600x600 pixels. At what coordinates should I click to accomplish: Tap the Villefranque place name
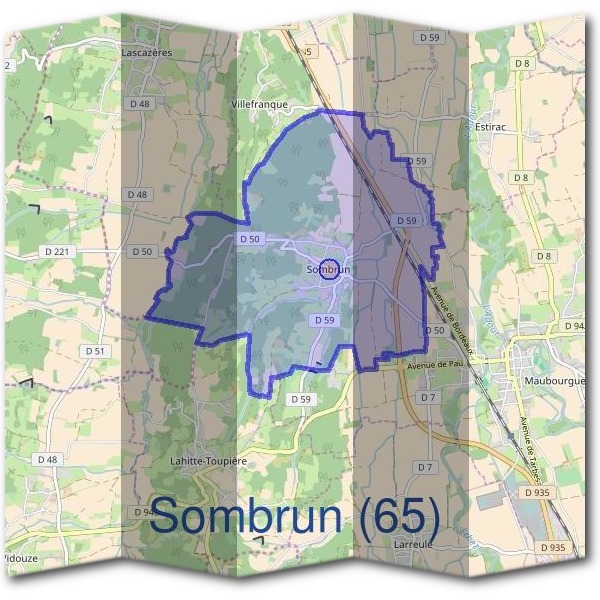tap(259, 104)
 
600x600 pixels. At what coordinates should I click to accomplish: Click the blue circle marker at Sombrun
tap(334, 269)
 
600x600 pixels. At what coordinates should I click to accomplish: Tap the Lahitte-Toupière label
tap(208, 452)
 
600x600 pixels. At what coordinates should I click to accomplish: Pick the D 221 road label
tap(59, 250)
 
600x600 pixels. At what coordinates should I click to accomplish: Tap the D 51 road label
tap(95, 351)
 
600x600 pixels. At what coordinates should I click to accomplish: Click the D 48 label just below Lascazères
tap(139, 104)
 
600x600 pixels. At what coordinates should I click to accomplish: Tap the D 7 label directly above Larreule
tap(426, 467)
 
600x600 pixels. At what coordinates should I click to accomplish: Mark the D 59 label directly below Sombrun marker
tap(323, 320)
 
